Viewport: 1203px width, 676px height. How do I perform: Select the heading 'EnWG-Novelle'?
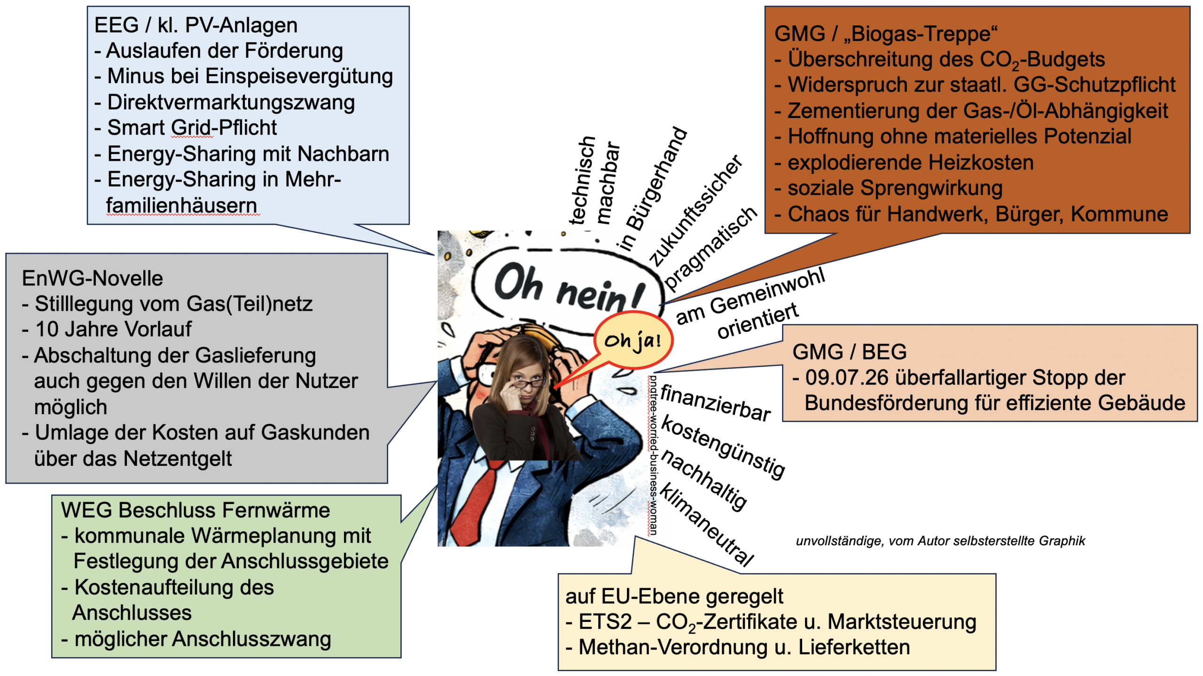click(92, 278)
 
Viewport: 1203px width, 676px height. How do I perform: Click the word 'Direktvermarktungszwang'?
click(231, 102)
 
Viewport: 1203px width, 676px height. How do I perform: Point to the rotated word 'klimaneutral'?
click(707, 524)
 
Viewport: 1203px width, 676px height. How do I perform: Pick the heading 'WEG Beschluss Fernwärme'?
click(195, 510)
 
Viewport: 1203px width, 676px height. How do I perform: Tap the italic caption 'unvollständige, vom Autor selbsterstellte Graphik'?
click(941, 541)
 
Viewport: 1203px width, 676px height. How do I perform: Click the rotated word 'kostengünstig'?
click(723, 447)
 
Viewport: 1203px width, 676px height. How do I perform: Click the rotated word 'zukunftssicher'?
click(695, 210)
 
